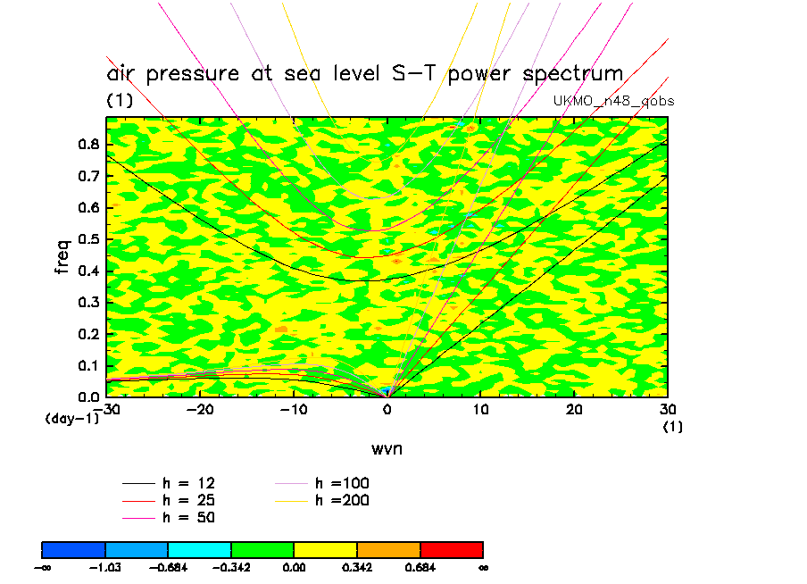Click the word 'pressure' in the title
[190, 73]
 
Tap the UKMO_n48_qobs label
[614, 101]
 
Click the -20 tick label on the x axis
[200, 409]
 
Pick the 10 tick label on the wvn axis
[480, 409]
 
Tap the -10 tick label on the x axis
[294, 409]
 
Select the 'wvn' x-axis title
[387, 448]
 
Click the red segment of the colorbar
[452, 548]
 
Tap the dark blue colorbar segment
[74, 548]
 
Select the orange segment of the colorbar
[388, 548]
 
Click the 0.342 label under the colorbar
[357, 566]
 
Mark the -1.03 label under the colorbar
[105, 566]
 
